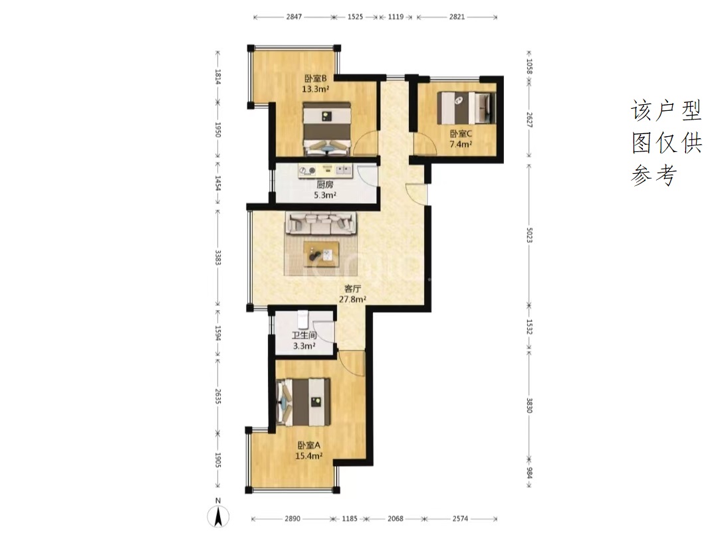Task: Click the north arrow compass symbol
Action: click(219, 516)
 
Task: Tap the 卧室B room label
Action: click(316, 78)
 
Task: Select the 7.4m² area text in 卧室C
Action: click(461, 145)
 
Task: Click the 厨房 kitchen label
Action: click(324, 185)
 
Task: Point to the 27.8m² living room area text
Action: click(352, 299)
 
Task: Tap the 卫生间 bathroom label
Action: click(304, 335)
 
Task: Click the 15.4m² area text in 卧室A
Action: click(308, 456)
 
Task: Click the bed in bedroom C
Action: click(467, 108)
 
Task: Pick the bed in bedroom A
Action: click(304, 402)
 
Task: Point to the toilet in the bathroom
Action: click(302, 319)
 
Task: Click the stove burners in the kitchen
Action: click(307, 171)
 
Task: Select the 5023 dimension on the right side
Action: click(529, 234)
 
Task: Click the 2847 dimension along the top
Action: click(294, 17)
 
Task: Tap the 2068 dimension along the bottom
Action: click(395, 518)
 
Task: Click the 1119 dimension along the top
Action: click(396, 17)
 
